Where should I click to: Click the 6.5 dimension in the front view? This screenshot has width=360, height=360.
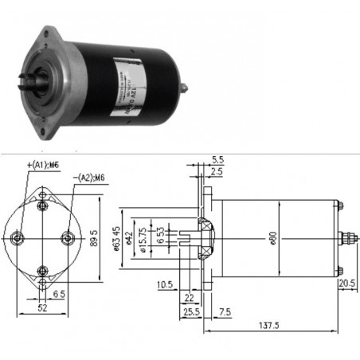[59, 294]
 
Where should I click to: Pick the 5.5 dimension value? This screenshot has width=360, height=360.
[218, 159]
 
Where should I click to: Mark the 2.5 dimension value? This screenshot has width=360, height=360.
[218, 170]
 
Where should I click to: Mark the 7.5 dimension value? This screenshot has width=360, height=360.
[225, 311]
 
